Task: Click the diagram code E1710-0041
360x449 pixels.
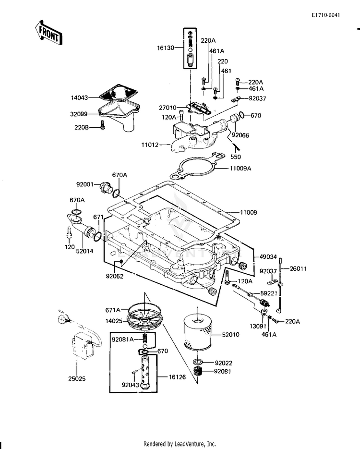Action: tap(326, 15)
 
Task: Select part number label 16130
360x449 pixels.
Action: tap(166, 48)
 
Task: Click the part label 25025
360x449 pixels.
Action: tap(77, 378)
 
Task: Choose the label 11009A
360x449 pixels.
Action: tap(240, 169)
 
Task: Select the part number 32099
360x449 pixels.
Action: tap(79, 114)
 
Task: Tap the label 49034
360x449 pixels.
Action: tap(268, 257)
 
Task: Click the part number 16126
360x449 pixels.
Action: tap(177, 377)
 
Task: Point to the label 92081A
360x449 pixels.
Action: tap(123, 340)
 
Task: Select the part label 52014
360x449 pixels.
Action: tap(84, 251)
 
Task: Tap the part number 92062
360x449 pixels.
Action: tap(114, 276)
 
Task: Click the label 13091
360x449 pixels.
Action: tap(258, 326)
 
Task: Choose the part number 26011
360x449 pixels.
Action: tap(298, 268)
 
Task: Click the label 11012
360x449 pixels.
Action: tap(150, 145)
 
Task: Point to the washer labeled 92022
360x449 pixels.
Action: tap(198, 362)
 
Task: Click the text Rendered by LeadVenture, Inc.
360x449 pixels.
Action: tap(180, 444)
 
